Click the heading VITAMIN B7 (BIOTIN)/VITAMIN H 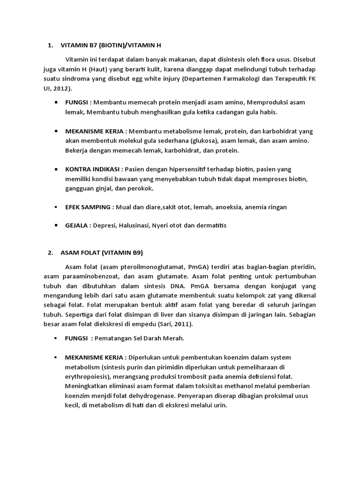111,45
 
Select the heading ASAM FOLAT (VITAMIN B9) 102,253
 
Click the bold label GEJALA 77,225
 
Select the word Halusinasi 134,225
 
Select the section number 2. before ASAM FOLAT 51,253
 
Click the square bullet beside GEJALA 56,225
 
